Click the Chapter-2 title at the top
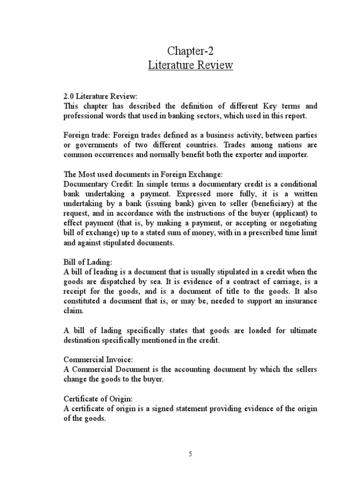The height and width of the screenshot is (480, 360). [190, 51]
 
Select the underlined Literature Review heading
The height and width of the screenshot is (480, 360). [190, 65]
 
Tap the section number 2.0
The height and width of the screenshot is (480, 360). [69, 97]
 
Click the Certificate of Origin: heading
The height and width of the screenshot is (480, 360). [98, 398]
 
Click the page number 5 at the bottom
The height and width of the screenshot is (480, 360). [190, 454]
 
